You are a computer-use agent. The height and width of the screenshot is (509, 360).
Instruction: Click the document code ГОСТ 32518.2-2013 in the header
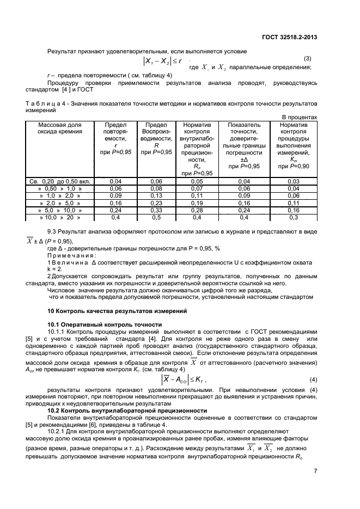click(x=289, y=37)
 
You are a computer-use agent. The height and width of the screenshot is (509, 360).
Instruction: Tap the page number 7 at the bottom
click(x=315, y=471)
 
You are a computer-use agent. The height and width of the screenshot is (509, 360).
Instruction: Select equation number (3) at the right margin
click(x=307, y=58)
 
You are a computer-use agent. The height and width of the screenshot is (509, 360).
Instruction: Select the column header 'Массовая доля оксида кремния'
click(x=60, y=128)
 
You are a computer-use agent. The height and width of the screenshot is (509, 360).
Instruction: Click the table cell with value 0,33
click(x=156, y=210)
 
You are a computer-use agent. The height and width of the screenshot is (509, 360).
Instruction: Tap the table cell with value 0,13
click(x=156, y=195)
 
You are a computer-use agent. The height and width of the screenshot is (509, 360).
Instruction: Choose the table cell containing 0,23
click(x=156, y=203)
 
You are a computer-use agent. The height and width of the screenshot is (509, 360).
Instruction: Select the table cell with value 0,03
click(x=294, y=181)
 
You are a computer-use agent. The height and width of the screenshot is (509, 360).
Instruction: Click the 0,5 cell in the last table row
click(x=156, y=217)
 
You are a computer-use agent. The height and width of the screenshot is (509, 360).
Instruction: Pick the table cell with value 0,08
click(x=156, y=188)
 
